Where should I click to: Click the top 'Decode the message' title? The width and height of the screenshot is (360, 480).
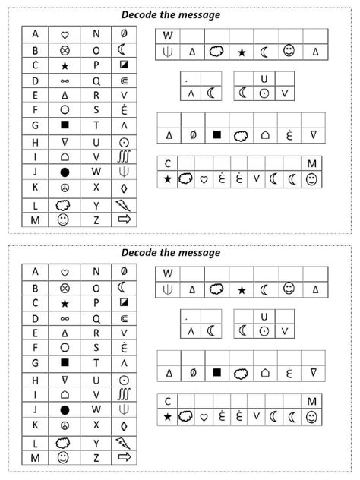(181, 14)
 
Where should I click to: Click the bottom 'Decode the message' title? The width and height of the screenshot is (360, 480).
(181, 253)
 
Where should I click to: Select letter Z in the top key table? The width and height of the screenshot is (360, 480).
(96, 219)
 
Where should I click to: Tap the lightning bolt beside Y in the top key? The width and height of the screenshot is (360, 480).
(125, 204)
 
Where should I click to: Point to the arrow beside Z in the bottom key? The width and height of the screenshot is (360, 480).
(125, 457)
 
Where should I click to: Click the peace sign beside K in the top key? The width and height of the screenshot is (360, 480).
(65, 187)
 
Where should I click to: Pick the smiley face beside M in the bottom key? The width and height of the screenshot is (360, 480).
(65, 457)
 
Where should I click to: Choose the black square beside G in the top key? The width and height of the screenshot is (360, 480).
(65, 125)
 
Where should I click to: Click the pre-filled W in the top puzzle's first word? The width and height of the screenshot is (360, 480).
(168, 36)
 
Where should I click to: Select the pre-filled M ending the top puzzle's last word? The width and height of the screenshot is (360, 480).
(311, 163)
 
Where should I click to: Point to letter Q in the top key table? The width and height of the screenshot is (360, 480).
(96, 80)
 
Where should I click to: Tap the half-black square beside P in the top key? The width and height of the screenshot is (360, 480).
(125, 65)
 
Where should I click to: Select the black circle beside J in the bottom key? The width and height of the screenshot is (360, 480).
(65, 409)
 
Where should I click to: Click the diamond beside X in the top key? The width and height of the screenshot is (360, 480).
(125, 187)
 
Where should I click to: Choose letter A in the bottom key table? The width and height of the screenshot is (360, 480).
(35, 271)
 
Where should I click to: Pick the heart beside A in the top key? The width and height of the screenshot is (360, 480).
(65, 34)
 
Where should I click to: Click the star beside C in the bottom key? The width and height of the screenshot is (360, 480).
(65, 302)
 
